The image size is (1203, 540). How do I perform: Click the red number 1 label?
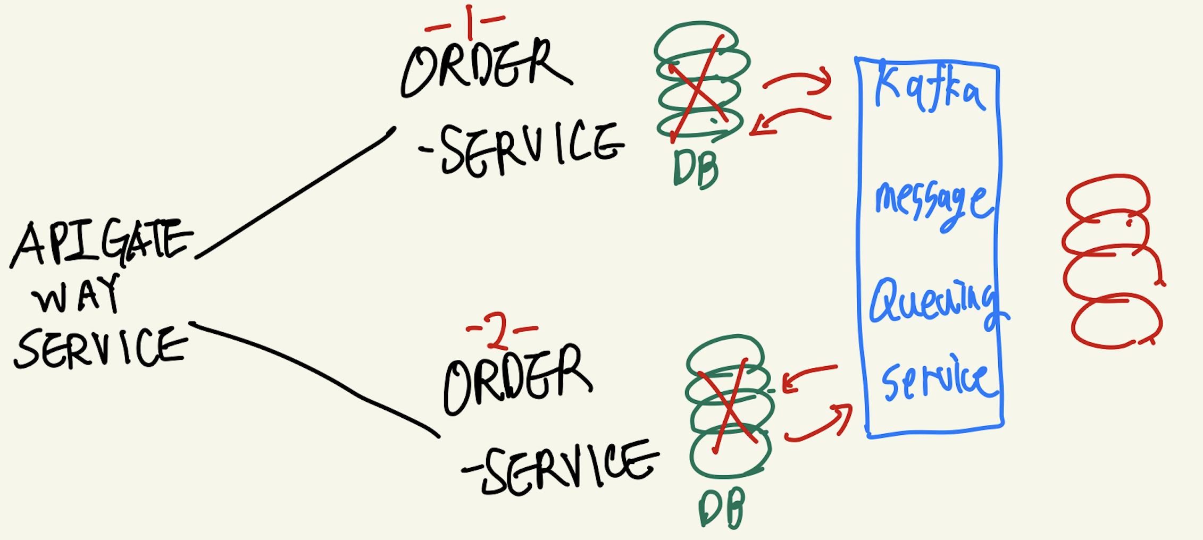coord(468,22)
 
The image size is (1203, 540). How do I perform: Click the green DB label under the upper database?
coord(696,169)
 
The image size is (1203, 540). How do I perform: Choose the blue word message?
coord(933,205)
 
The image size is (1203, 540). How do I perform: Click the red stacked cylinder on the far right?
coord(1112,263)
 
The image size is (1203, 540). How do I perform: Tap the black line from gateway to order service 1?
coord(295,194)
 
